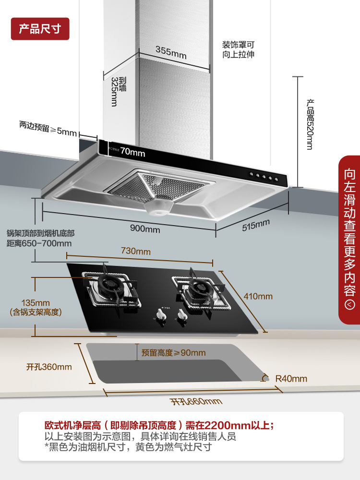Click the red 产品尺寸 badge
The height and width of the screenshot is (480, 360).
(40, 29)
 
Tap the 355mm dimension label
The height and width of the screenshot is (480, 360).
(171, 51)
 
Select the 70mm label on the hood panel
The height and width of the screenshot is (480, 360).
(132, 152)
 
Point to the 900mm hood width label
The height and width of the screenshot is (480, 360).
(145, 229)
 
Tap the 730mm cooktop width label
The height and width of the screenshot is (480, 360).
(135, 252)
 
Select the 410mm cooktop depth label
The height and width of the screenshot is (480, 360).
(258, 296)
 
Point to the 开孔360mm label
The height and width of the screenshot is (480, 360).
(49, 367)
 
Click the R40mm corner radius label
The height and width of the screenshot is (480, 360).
(291, 379)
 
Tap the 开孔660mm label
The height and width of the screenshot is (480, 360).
(196, 401)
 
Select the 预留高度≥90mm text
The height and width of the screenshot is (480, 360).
(173, 353)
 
